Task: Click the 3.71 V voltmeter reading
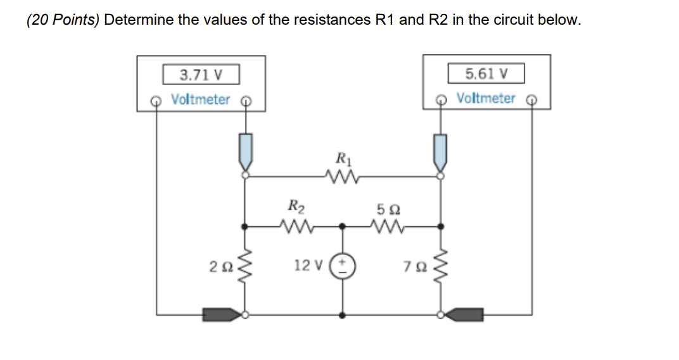(201, 75)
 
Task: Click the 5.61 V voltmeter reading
(486, 74)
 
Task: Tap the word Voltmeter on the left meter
(201, 100)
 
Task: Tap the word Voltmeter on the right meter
(486, 98)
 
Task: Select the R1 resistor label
(342, 158)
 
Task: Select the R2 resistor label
(295, 205)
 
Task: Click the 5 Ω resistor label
(386, 209)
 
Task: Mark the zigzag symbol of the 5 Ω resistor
(387, 225)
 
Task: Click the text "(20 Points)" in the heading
(63, 20)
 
